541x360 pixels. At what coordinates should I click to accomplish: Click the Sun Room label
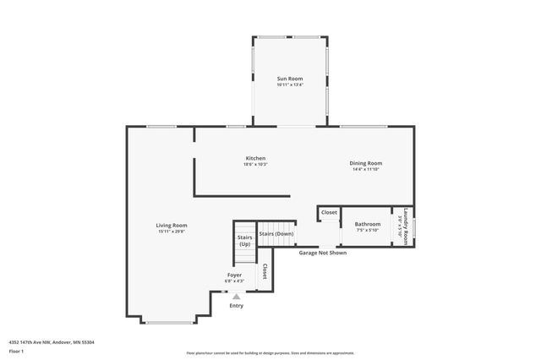tap(289, 79)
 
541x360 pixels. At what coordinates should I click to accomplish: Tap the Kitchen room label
tap(255, 158)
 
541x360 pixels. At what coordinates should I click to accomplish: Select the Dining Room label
tap(367, 163)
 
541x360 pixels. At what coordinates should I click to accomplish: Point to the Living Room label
tap(171, 225)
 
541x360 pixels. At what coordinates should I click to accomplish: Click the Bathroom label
tap(367, 224)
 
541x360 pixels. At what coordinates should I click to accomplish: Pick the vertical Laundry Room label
tap(407, 226)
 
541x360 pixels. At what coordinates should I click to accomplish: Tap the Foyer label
tap(234, 275)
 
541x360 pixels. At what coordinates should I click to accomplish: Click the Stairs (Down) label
tap(276, 233)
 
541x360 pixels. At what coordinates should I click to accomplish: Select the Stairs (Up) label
tap(245, 241)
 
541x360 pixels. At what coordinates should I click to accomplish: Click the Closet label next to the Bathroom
tap(329, 212)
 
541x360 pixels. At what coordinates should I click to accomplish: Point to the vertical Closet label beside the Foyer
tap(265, 271)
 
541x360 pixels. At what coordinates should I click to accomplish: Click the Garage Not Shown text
tap(321, 252)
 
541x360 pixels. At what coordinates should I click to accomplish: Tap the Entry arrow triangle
tap(236, 297)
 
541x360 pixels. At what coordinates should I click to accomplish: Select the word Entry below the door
tap(236, 306)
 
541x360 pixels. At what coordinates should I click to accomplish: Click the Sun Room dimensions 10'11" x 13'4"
tap(289, 85)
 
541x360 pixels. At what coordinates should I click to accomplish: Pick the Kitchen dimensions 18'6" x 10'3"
tap(255, 165)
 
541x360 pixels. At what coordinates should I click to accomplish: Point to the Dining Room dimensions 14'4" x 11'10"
tap(367, 170)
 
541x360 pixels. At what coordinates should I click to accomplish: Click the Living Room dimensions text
tap(171, 232)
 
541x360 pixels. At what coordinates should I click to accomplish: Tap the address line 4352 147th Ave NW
tap(51, 341)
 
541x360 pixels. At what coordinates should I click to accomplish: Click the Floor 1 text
tap(17, 350)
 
